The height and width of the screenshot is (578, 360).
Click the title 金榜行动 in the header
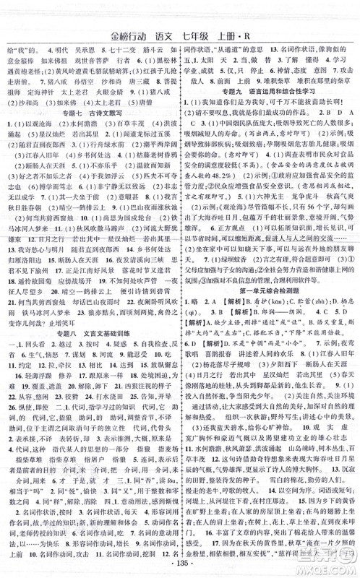(131, 32)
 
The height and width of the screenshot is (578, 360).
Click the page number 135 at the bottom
(180, 564)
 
